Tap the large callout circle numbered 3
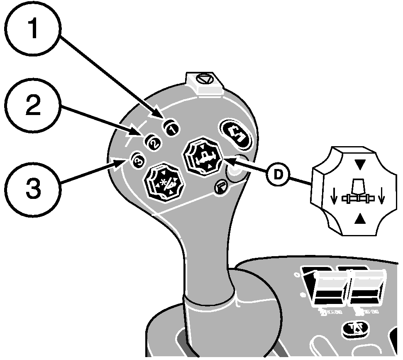coord(34,187)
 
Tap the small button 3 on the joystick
coord(138,160)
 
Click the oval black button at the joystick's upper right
coord(235,134)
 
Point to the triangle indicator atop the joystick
coord(204,78)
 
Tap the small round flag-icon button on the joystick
coord(220,187)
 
